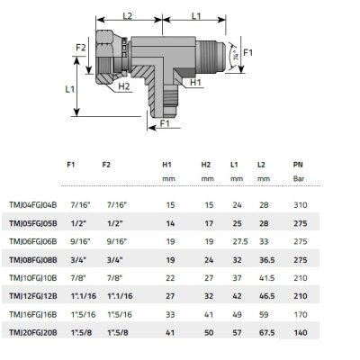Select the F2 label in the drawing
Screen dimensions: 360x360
80,47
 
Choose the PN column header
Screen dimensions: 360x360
298,166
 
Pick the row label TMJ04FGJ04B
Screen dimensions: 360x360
35,205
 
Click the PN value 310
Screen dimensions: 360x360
299,205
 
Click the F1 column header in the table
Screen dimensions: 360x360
71,166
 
